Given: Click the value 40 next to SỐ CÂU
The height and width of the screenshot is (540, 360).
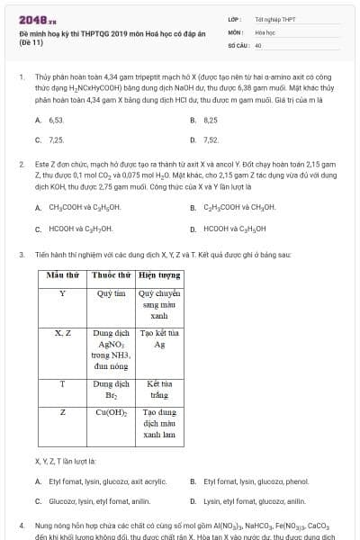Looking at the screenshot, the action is (258, 44).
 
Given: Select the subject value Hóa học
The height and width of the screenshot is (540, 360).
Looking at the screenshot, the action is (265, 31).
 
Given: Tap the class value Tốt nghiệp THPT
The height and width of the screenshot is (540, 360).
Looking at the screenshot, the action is (274, 19).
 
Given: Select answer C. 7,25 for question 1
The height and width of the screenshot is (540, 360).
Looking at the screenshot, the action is (50, 140).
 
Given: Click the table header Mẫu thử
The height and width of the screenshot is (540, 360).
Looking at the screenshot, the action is (62, 275).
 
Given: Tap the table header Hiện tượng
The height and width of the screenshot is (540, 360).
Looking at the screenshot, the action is (159, 275).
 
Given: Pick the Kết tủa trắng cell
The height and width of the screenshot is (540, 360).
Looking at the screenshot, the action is (159, 389).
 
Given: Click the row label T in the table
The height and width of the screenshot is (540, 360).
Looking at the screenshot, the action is (62, 383).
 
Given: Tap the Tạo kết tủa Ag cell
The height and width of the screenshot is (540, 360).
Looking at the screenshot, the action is (159, 338).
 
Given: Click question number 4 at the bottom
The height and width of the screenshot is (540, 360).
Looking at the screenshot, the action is (22, 523).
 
